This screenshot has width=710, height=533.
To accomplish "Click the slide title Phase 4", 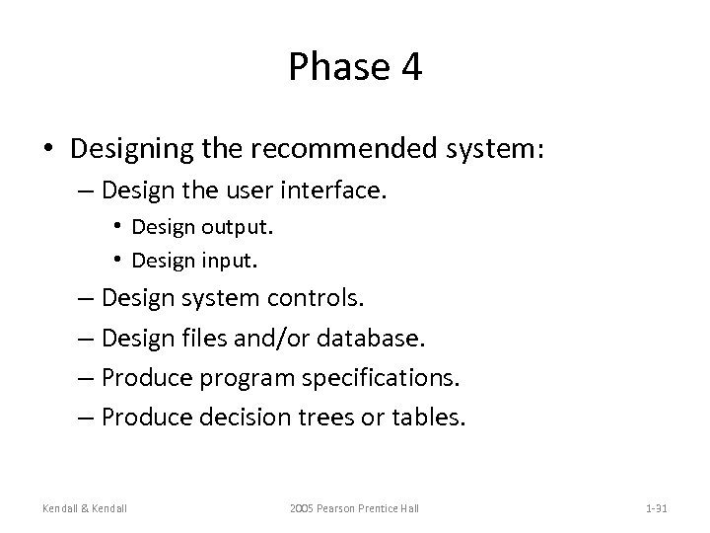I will tap(355, 67).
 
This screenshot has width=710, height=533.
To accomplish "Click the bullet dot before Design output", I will tap(117, 226).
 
